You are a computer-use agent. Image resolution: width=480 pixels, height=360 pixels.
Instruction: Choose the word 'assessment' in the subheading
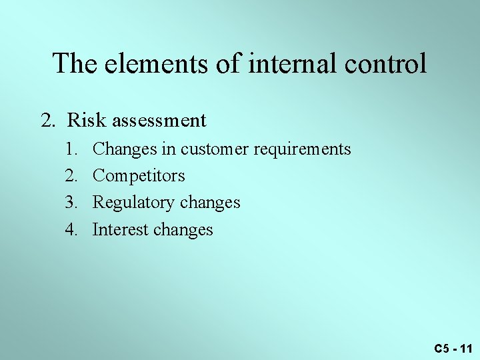160,121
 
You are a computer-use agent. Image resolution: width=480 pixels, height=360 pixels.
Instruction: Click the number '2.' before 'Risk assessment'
48,121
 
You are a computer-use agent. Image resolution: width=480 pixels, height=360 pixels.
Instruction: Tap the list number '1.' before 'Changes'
72,149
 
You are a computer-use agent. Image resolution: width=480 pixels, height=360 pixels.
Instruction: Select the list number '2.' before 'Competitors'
72,176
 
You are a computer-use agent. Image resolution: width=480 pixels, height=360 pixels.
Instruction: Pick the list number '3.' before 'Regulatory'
72,203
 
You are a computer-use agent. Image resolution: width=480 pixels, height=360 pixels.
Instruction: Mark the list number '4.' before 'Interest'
72,230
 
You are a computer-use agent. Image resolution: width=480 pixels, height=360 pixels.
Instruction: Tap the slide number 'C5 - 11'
453,349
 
